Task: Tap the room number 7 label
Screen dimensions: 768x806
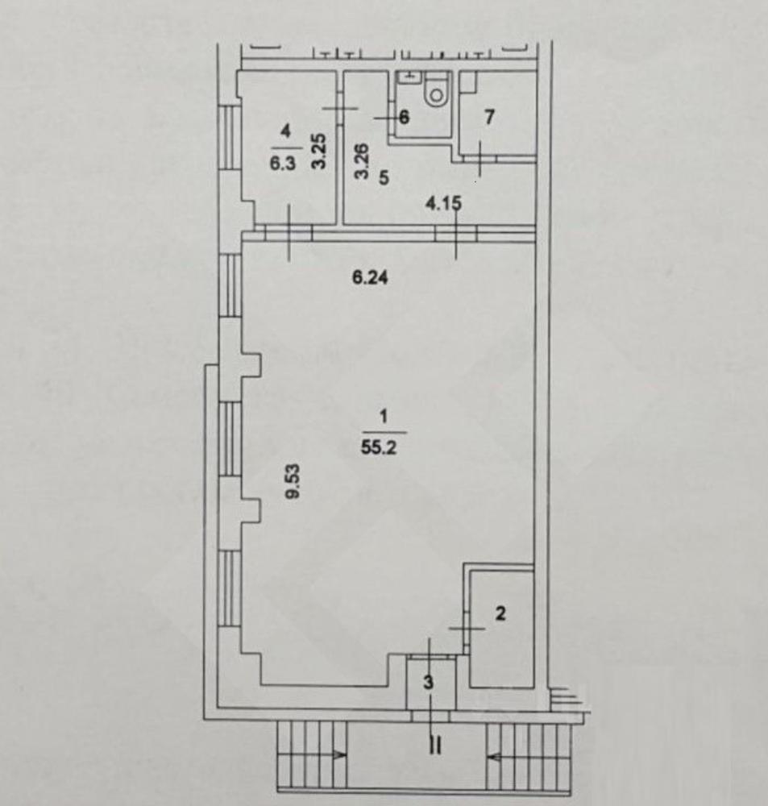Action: pos(489,117)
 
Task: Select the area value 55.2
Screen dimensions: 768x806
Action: pos(378,447)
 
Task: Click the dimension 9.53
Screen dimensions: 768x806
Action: pos(293,480)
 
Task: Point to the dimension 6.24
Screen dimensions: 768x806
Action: pos(370,277)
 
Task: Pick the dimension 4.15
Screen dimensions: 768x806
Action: pos(443,204)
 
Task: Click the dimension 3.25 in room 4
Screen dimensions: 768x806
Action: pos(318,152)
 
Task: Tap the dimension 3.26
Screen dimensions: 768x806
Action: pos(363,160)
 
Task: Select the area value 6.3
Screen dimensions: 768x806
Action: pos(283,164)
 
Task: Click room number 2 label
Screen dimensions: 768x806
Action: pos(500,613)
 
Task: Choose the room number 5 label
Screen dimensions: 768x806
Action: pos(384,178)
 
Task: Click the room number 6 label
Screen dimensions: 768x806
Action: pos(404,117)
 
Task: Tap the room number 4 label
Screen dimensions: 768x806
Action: pos(285,131)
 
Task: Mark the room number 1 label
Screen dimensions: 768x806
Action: pos(383,416)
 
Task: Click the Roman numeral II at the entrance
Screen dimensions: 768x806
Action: pos(435,746)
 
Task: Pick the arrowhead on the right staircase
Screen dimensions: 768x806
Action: pos(494,757)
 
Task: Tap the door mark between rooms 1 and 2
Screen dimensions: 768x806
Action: pos(467,628)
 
